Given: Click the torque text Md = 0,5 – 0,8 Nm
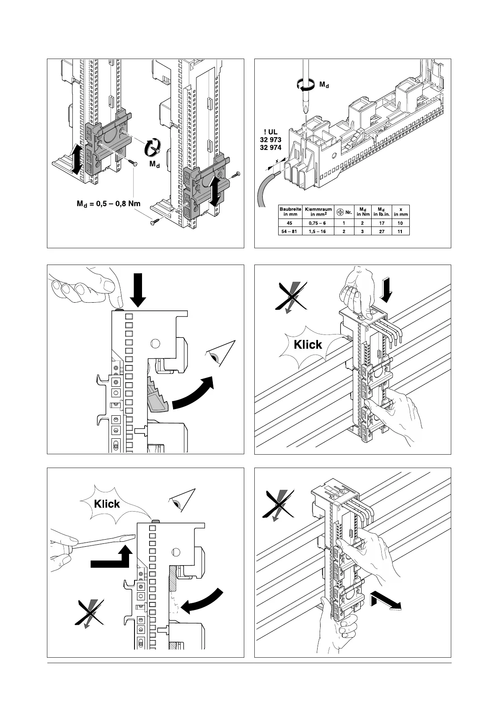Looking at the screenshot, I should pyautogui.click(x=108, y=204).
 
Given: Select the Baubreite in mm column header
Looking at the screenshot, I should pyautogui.click(x=290, y=211).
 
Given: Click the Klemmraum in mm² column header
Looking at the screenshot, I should pyautogui.click(x=318, y=211).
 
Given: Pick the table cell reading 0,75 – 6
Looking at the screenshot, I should pyautogui.click(x=318, y=223).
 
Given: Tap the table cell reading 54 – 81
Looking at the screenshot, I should pyautogui.click(x=290, y=231).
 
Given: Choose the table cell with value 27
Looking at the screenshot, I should pyautogui.click(x=382, y=231).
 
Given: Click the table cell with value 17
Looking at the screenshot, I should pyautogui.click(x=382, y=223).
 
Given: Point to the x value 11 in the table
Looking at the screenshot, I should pyautogui.click(x=401, y=231).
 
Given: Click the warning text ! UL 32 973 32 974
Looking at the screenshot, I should pyautogui.click(x=270, y=140).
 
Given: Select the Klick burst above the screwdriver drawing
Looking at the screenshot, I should pyautogui.click(x=107, y=504).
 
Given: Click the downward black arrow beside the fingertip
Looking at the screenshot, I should pyautogui.click(x=138, y=289).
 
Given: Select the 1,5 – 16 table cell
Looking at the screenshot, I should pyautogui.click(x=318, y=231).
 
